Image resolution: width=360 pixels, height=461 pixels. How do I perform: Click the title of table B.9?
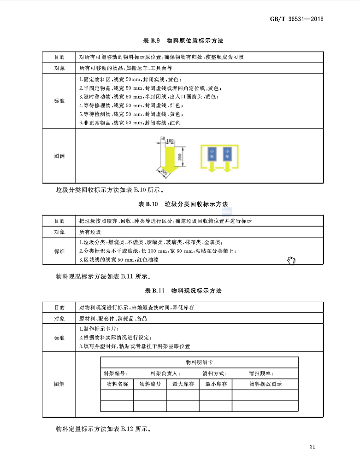click(183, 41)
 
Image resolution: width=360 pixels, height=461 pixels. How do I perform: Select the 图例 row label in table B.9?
click(59, 156)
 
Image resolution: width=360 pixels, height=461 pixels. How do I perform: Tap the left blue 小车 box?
click(212, 154)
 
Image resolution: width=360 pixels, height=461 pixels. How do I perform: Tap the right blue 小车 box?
click(227, 154)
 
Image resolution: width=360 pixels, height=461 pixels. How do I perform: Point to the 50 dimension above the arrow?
click(162, 139)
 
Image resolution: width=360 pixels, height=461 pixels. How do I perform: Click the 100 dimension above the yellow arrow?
click(170, 140)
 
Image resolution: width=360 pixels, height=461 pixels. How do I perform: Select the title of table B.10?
click(183, 204)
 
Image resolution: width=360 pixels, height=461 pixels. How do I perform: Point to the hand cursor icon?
click(291, 261)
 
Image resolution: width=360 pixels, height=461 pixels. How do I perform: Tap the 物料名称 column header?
click(117, 384)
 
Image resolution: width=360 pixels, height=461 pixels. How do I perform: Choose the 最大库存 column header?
click(183, 384)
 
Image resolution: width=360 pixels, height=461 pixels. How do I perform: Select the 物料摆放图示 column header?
click(265, 384)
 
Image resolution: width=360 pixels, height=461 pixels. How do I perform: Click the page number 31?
click(312, 447)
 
